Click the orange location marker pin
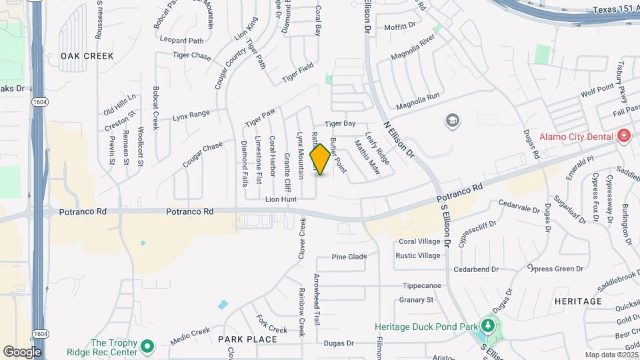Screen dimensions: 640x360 320,159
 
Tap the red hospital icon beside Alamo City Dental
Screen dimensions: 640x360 624,136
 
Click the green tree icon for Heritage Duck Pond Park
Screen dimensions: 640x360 488,326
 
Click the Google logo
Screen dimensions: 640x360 21,351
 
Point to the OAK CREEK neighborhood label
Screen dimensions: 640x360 87,56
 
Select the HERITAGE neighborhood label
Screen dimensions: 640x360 578,301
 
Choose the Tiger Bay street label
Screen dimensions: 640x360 340,124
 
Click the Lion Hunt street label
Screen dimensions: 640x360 281,199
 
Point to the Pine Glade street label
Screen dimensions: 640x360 349,257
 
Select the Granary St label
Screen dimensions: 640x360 416,300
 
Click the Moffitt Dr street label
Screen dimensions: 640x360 400,27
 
